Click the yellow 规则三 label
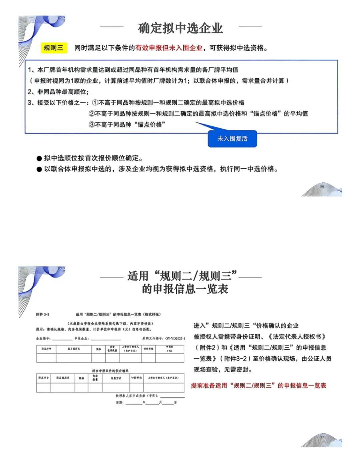pyautogui.click(x=53, y=48)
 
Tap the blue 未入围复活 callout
pyautogui.click(x=232, y=138)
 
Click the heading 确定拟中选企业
pyautogui.click(x=180, y=28)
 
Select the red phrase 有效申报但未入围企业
pyautogui.click(x=169, y=48)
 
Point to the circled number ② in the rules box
pyautogui.click(x=92, y=113)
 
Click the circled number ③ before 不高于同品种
pyautogui.click(x=92, y=124)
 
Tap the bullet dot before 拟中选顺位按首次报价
pyautogui.click(x=39, y=158)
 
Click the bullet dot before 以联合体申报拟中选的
pyautogui.click(x=39, y=169)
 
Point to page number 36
pyautogui.click(x=322, y=186)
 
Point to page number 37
pyautogui.click(x=322, y=437)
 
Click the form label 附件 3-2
pyautogui.click(x=43, y=314)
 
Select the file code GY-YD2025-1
pyautogui.click(x=175, y=338)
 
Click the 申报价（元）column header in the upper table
pyautogui.click(x=169, y=349)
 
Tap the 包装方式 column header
pyautogui.click(x=116, y=378)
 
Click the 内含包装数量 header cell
pyautogui.click(x=112, y=349)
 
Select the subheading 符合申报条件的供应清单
pyautogui.click(x=110, y=371)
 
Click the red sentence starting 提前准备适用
pyautogui.click(x=258, y=386)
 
